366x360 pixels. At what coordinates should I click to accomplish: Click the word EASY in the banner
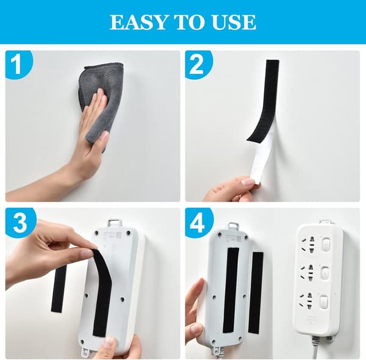point(138,22)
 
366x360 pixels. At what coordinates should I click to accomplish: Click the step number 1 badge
point(18,64)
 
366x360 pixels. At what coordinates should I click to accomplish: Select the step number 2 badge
point(198,64)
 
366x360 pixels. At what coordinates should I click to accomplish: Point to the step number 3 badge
point(20,221)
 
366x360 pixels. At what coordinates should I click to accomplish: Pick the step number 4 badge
point(198,221)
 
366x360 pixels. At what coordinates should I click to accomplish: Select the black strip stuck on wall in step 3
point(59,289)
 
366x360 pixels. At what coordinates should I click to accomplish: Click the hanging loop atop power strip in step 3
point(115,223)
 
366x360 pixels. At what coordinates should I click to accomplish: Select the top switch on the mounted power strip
point(326,244)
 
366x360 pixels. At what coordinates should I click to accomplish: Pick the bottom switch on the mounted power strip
point(326,303)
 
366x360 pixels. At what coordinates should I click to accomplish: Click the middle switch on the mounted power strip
point(326,273)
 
